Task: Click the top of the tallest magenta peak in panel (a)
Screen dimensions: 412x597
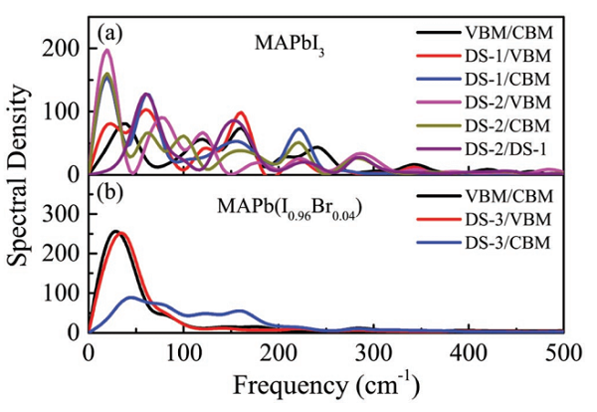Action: click(107, 51)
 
